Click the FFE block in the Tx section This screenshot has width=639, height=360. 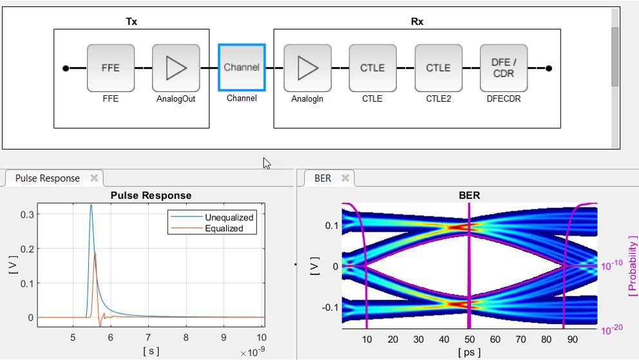[x=111, y=68]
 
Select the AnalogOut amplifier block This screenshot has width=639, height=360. [x=176, y=68]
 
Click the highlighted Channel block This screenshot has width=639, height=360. [x=242, y=68]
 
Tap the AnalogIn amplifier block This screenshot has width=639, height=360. [x=307, y=68]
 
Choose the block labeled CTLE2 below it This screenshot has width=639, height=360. [x=438, y=68]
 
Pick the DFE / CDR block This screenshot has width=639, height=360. [x=504, y=68]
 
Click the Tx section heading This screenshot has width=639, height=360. [x=131, y=21]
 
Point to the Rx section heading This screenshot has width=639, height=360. [x=417, y=21]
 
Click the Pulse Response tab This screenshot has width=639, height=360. [x=48, y=178]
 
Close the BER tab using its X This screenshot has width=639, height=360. [x=345, y=178]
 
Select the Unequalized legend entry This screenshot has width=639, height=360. [x=229, y=217]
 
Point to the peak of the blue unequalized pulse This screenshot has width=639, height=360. [x=91, y=205]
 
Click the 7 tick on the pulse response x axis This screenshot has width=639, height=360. [x=148, y=337]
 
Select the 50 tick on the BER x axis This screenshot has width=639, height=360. [x=469, y=339]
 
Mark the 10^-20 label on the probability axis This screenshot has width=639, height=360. [x=611, y=330]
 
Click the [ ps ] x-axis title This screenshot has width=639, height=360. [x=469, y=352]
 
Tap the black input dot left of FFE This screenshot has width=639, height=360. [x=66, y=68]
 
